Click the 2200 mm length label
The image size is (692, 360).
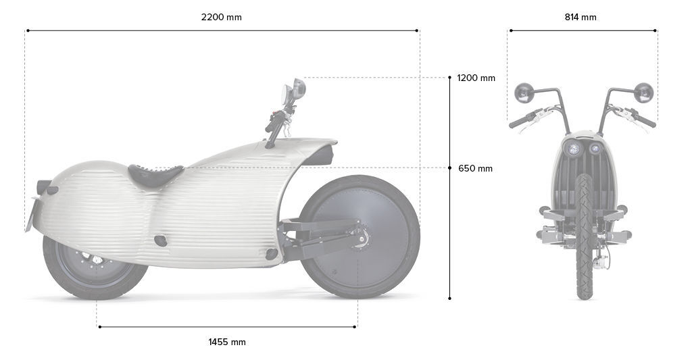pos(221,18)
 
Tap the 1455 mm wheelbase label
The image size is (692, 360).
pos(227,342)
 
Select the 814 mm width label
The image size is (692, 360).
pos(580,18)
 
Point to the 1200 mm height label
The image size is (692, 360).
pos(476,78)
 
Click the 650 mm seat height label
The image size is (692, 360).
pos(475,168)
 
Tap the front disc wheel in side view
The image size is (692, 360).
pos(358,236)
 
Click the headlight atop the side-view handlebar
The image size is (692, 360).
pos(297,88)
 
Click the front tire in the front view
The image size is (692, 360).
pos(583,236)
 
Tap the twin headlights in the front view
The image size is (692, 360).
pos(585,148)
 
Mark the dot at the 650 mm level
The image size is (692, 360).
pos(450,168)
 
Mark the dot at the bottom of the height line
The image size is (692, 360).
pos(450,298)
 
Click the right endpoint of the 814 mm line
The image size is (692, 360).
pos(656,30)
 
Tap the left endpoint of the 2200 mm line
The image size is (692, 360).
pos(28,30)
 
